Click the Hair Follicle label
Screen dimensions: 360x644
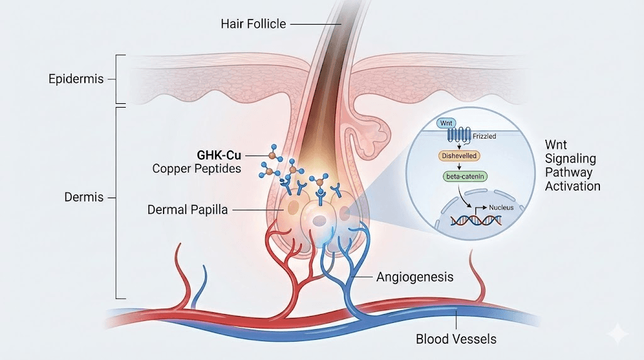[x=253, y=25]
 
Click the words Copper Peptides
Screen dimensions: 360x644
[x=196, y=169]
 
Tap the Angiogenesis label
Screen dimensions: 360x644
[x=414, y=276]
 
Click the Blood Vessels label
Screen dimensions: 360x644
[x=456, y=339]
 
